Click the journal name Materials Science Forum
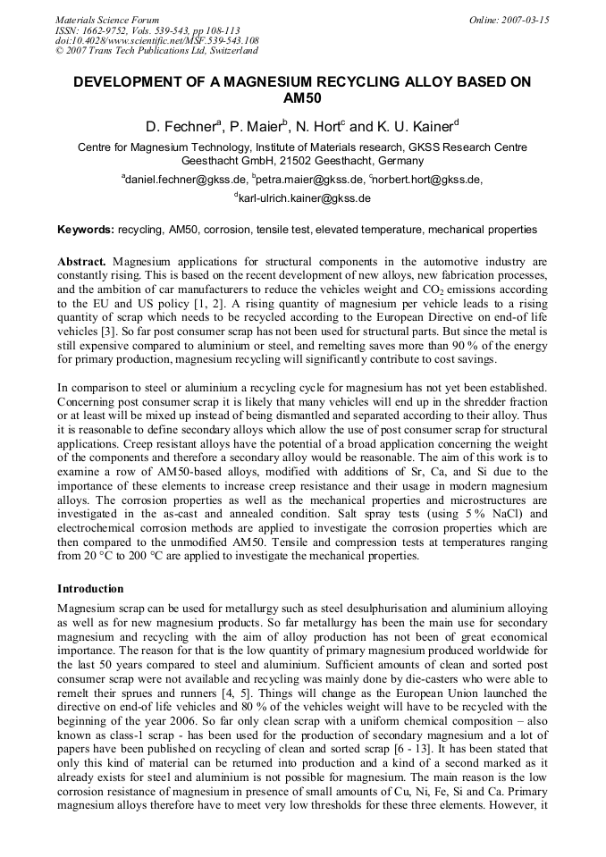(x=107, y=19)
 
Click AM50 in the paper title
(x=301, y=98)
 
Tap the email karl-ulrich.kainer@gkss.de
(x=303, y=198)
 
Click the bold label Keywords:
(x=86, y=230)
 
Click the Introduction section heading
(x=90, y=589)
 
